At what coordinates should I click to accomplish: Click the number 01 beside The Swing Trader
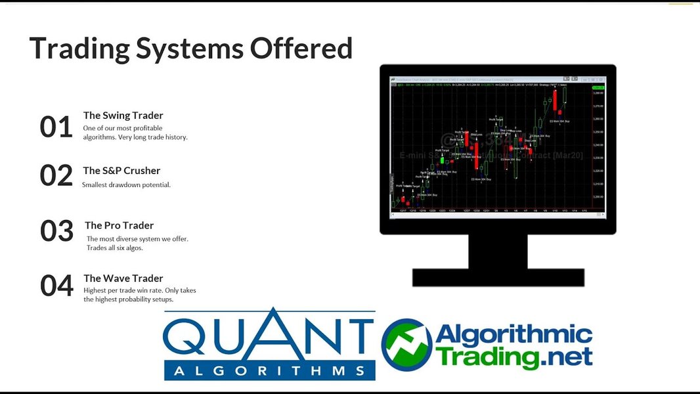(56, 127)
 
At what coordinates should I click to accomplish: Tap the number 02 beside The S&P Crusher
(56, 175)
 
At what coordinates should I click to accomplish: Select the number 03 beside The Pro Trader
(56, 231)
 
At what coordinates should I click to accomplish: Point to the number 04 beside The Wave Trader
(56, 286)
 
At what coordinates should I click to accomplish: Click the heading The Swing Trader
(123, 116)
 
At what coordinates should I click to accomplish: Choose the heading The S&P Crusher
(121, 171)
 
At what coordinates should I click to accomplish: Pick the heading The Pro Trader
(119, 225)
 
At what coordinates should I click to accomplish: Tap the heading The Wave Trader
(123, 278)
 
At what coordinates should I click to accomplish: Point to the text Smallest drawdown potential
(126, 185)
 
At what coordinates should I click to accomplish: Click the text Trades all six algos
(115, 248)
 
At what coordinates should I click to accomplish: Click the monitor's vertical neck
(497, 251)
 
